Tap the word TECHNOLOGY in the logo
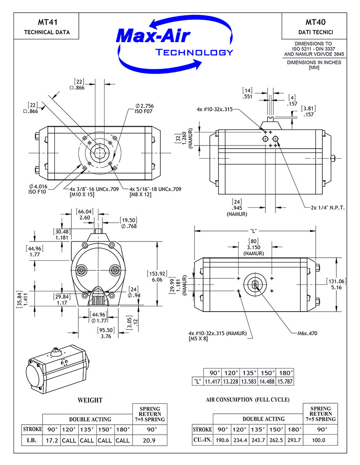pyautogui.click(x=194, y=53)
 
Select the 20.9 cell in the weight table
pyautogui.click(x=149, y=440)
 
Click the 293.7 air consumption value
pyautogui.click(x=294, y=440)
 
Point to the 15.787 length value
pyautogui.click(x=285, y=381)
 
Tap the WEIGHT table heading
pyautogui.click(x=90, y=400)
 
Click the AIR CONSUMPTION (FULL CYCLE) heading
pyautogui.click(x=247, y=400)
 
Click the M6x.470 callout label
pyautogui.click(x=305, y=333)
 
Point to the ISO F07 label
pyautogui.click(x=144, y=111)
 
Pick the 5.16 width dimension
pyautogui.click(x=335, y=288)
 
